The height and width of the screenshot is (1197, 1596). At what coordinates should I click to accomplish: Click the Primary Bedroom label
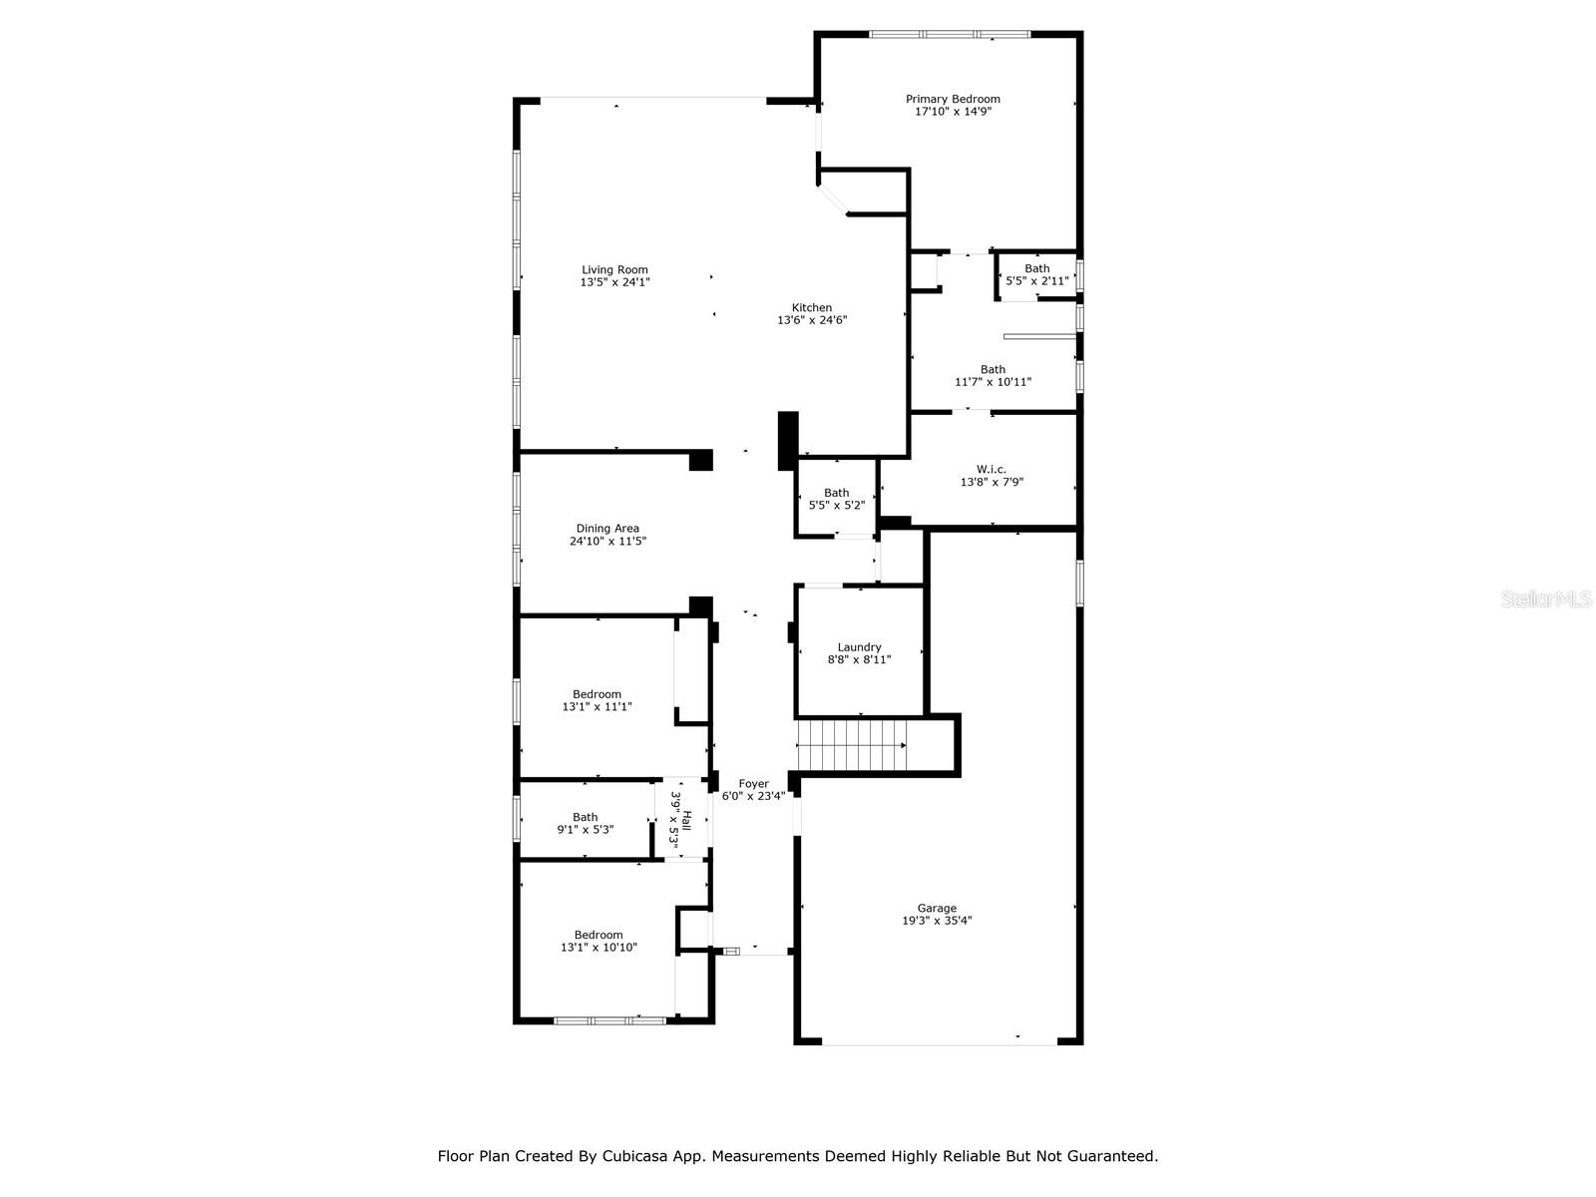[953, 99]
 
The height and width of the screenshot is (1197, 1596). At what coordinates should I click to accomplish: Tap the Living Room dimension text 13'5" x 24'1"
[614, 282]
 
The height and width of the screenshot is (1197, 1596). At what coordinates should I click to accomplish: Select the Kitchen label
[811, 307]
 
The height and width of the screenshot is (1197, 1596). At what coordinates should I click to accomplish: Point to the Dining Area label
[607, 529]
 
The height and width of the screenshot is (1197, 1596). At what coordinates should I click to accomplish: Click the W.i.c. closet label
[992, 470]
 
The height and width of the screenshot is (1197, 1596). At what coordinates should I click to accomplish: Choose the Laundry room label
[859, 647]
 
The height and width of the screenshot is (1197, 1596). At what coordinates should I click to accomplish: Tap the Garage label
[937, 908]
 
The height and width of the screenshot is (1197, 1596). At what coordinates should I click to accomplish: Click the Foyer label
[753, 783]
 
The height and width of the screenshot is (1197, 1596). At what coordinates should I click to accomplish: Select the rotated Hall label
[686, 821]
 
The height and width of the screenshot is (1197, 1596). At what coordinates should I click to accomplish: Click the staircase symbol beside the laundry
[852, 745]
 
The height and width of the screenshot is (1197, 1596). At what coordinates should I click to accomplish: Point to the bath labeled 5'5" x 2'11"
[1036, 274]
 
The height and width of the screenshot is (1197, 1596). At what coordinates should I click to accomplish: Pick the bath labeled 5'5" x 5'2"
[836, 499]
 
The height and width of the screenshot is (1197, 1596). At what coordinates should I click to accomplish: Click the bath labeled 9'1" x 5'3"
[585, 823]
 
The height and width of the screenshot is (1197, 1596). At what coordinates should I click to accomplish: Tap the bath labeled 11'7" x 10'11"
[993, 375]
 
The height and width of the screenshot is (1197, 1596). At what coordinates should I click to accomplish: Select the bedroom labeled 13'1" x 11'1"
[597, 700]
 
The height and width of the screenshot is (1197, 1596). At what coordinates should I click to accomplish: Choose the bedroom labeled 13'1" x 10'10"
[598, 941]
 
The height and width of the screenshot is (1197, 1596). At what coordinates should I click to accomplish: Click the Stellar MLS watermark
[1546, 598]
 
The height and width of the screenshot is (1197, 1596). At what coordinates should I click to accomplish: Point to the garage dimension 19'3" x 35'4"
[937, 920]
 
